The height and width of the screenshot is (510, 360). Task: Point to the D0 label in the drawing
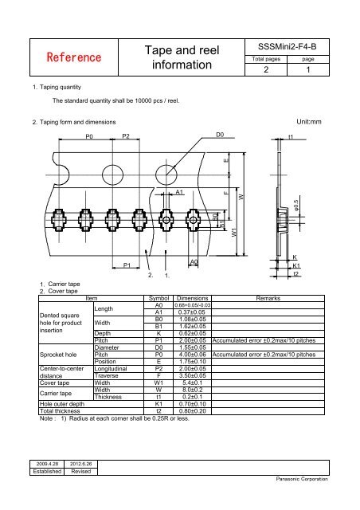pos(221,136)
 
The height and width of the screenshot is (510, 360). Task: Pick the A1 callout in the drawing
pos(180,192)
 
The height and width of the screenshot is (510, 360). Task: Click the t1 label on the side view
pos(291,136)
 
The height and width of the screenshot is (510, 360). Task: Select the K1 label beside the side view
pos(297,265)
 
